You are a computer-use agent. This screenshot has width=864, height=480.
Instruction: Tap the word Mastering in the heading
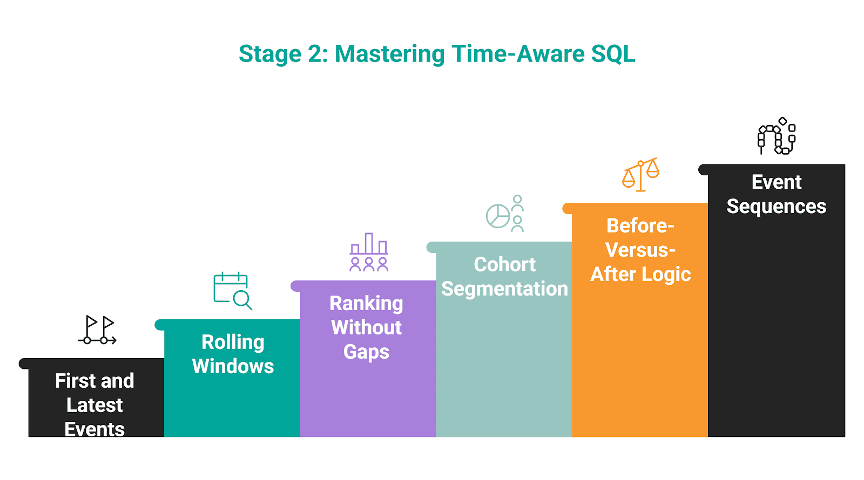[x=389, y=54]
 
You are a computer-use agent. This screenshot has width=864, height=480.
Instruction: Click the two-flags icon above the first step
[x=97, y=330]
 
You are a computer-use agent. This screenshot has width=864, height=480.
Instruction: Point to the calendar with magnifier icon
[x=233, y=291]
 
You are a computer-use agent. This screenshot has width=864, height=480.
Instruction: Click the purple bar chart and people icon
[x=369, y=252]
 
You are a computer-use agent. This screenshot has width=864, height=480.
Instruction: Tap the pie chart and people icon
[x=505, y=214]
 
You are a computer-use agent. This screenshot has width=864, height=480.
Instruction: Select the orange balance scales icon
[x=640, y=175]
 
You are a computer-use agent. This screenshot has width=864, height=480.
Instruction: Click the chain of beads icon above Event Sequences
[x=777, y=135]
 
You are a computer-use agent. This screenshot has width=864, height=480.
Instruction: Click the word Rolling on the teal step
[x=233, y=342]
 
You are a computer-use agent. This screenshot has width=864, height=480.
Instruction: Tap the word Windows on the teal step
[x=233, y=366]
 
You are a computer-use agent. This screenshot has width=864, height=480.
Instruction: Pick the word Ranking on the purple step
[x=367, y=304]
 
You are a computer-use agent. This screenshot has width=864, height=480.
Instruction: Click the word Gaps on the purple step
[x=367, y=352]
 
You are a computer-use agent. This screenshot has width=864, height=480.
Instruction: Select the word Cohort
[x=504, y=265]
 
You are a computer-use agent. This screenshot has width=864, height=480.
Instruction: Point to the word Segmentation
[x=504, y=289]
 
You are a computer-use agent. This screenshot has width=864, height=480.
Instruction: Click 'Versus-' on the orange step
[x=640, y=250]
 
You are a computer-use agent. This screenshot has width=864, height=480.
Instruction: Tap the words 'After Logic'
[x=640, y=275]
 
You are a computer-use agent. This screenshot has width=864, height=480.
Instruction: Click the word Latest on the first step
[x=94, y=405]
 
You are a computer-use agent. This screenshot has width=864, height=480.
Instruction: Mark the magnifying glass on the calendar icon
[x=243, y=300]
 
